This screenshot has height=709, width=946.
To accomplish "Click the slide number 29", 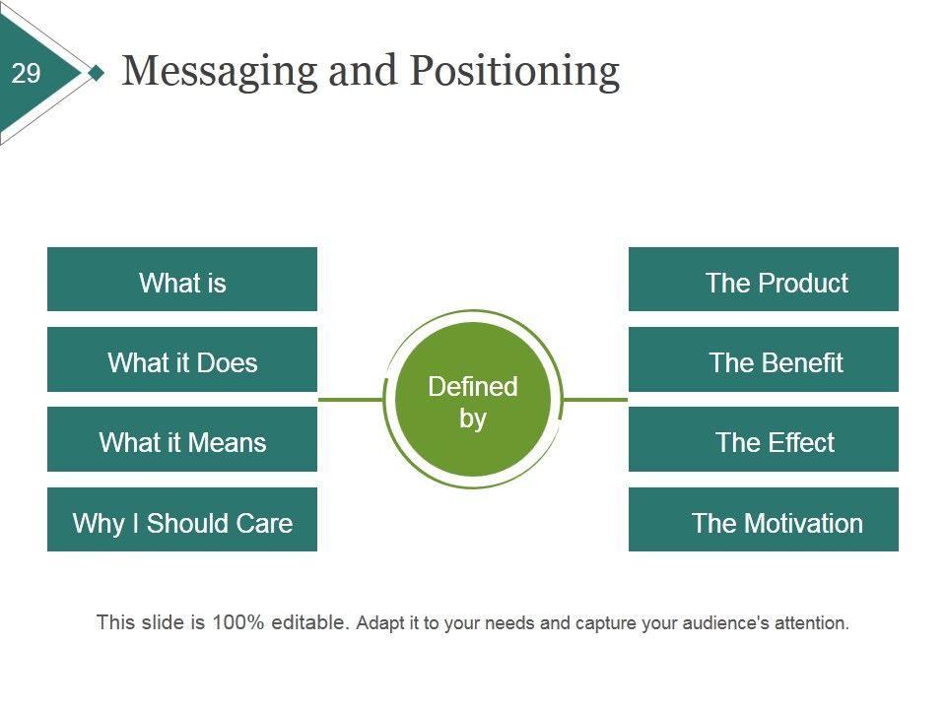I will (27, 73).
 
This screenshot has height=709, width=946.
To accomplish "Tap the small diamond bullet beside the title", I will (96, 73).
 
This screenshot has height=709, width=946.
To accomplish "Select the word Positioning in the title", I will (513, 72).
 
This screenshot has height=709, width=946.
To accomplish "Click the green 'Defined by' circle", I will (473, 401).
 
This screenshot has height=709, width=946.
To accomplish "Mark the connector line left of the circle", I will (350, 400).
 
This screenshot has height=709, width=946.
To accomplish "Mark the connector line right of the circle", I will (596, 400).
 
